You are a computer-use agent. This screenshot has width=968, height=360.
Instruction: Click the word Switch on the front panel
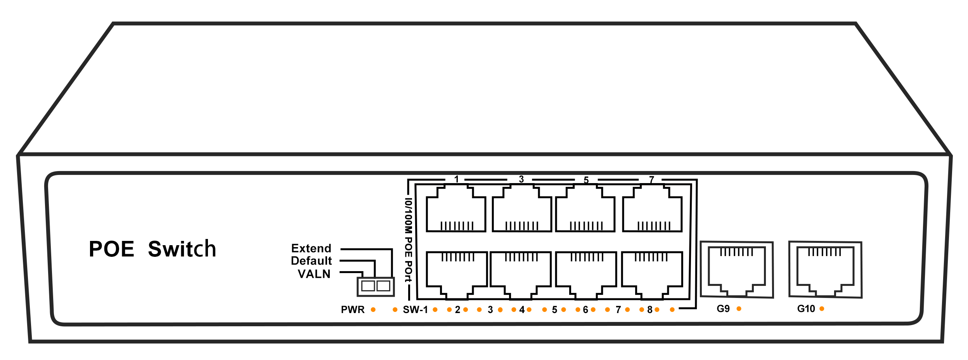point(182,249)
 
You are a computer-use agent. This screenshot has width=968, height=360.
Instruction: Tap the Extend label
point(311,248)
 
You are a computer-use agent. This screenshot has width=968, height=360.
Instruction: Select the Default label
point(311,261)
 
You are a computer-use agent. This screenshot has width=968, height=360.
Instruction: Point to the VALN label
point(314,274)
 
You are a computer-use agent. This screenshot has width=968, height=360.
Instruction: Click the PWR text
point(353,310)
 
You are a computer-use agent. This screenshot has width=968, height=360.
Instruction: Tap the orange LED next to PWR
point(373,310)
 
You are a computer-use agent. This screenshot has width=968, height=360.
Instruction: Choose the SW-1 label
point(415,310)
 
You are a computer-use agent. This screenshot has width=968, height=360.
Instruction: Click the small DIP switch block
point(376,286)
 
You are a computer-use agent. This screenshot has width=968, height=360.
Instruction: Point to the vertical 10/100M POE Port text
point(408,241)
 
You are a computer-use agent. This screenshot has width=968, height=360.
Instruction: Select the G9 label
point(723,309)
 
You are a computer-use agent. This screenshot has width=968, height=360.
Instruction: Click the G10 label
point(806,309)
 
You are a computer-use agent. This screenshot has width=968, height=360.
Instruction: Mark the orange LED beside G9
point(739,309)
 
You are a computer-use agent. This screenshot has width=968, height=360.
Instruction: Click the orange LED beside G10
point(822,309)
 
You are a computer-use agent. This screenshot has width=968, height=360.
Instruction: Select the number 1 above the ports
point(457,179)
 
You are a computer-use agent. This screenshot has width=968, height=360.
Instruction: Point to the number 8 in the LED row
point(649,310)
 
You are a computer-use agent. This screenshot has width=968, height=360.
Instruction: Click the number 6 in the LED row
point(585,310)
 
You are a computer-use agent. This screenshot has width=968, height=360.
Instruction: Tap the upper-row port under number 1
point(456,209)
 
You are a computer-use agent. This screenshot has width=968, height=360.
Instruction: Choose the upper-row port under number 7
point(652,209)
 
